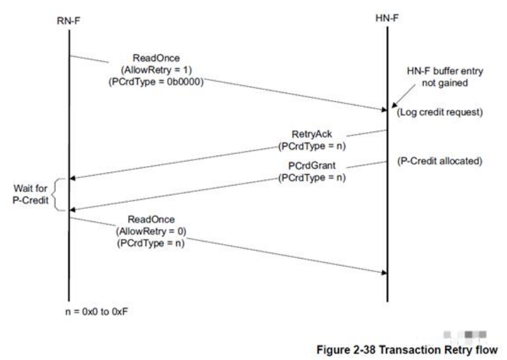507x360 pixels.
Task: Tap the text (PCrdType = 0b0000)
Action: click(156, 83)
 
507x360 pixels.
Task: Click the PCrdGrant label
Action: click(312, 166)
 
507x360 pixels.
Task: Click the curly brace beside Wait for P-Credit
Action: click(57, 193)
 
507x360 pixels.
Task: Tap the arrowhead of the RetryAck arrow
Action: click(74, 177)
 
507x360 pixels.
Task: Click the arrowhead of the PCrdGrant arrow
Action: click(74, 209)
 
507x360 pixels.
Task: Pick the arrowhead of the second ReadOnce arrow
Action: click(383, 273)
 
